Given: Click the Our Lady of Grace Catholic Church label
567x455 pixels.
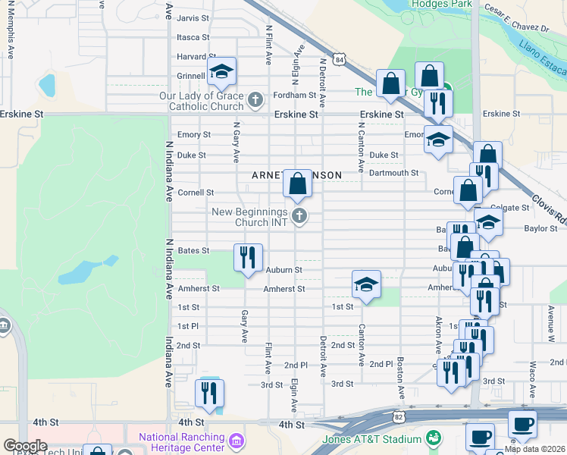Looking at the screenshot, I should [202, 101].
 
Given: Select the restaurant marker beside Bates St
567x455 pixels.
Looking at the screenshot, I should [248, 258].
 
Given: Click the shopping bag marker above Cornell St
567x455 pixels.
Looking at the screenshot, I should [298, 184].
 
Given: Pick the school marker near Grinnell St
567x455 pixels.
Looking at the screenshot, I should [221, 72].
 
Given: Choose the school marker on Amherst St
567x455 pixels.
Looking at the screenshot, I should [366, 284].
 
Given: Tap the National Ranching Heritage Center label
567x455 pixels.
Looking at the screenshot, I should [181, 442].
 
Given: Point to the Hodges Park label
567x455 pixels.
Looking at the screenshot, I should [440, 5].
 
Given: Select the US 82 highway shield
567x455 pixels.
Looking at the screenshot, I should [399, 417].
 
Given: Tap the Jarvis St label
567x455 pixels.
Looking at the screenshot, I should [193, 18].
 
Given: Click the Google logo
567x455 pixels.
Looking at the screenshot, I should [26, 446].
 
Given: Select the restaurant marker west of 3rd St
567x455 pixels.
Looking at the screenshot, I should [208, 392].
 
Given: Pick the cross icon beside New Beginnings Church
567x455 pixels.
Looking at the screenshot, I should [299, 217].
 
